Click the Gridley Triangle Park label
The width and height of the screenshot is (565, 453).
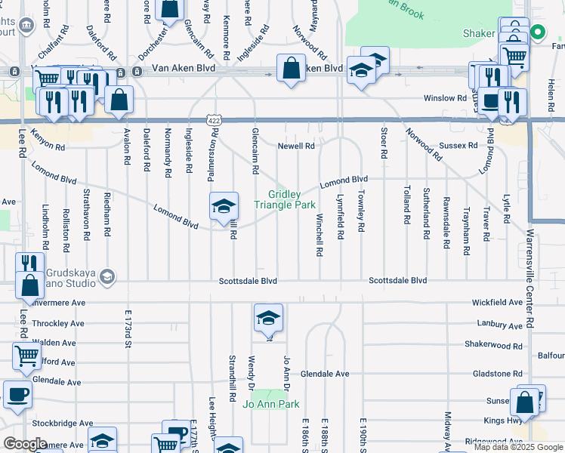(285, 199)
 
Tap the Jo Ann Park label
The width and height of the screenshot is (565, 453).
(271, 404)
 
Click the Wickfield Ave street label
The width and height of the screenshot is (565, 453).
(497, 302)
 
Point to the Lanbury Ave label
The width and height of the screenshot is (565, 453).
(499, 325)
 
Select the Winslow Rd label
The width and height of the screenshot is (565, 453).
(445, 98)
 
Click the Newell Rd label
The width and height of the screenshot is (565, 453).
(295, 146)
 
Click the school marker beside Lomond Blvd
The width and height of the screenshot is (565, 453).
(224, 207)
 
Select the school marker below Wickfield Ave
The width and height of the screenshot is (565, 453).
(267, 319)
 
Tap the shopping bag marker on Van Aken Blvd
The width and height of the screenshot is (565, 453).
(291, 69)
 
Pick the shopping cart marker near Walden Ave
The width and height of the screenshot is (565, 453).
(26, 356)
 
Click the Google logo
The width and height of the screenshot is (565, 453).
(25, 444)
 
